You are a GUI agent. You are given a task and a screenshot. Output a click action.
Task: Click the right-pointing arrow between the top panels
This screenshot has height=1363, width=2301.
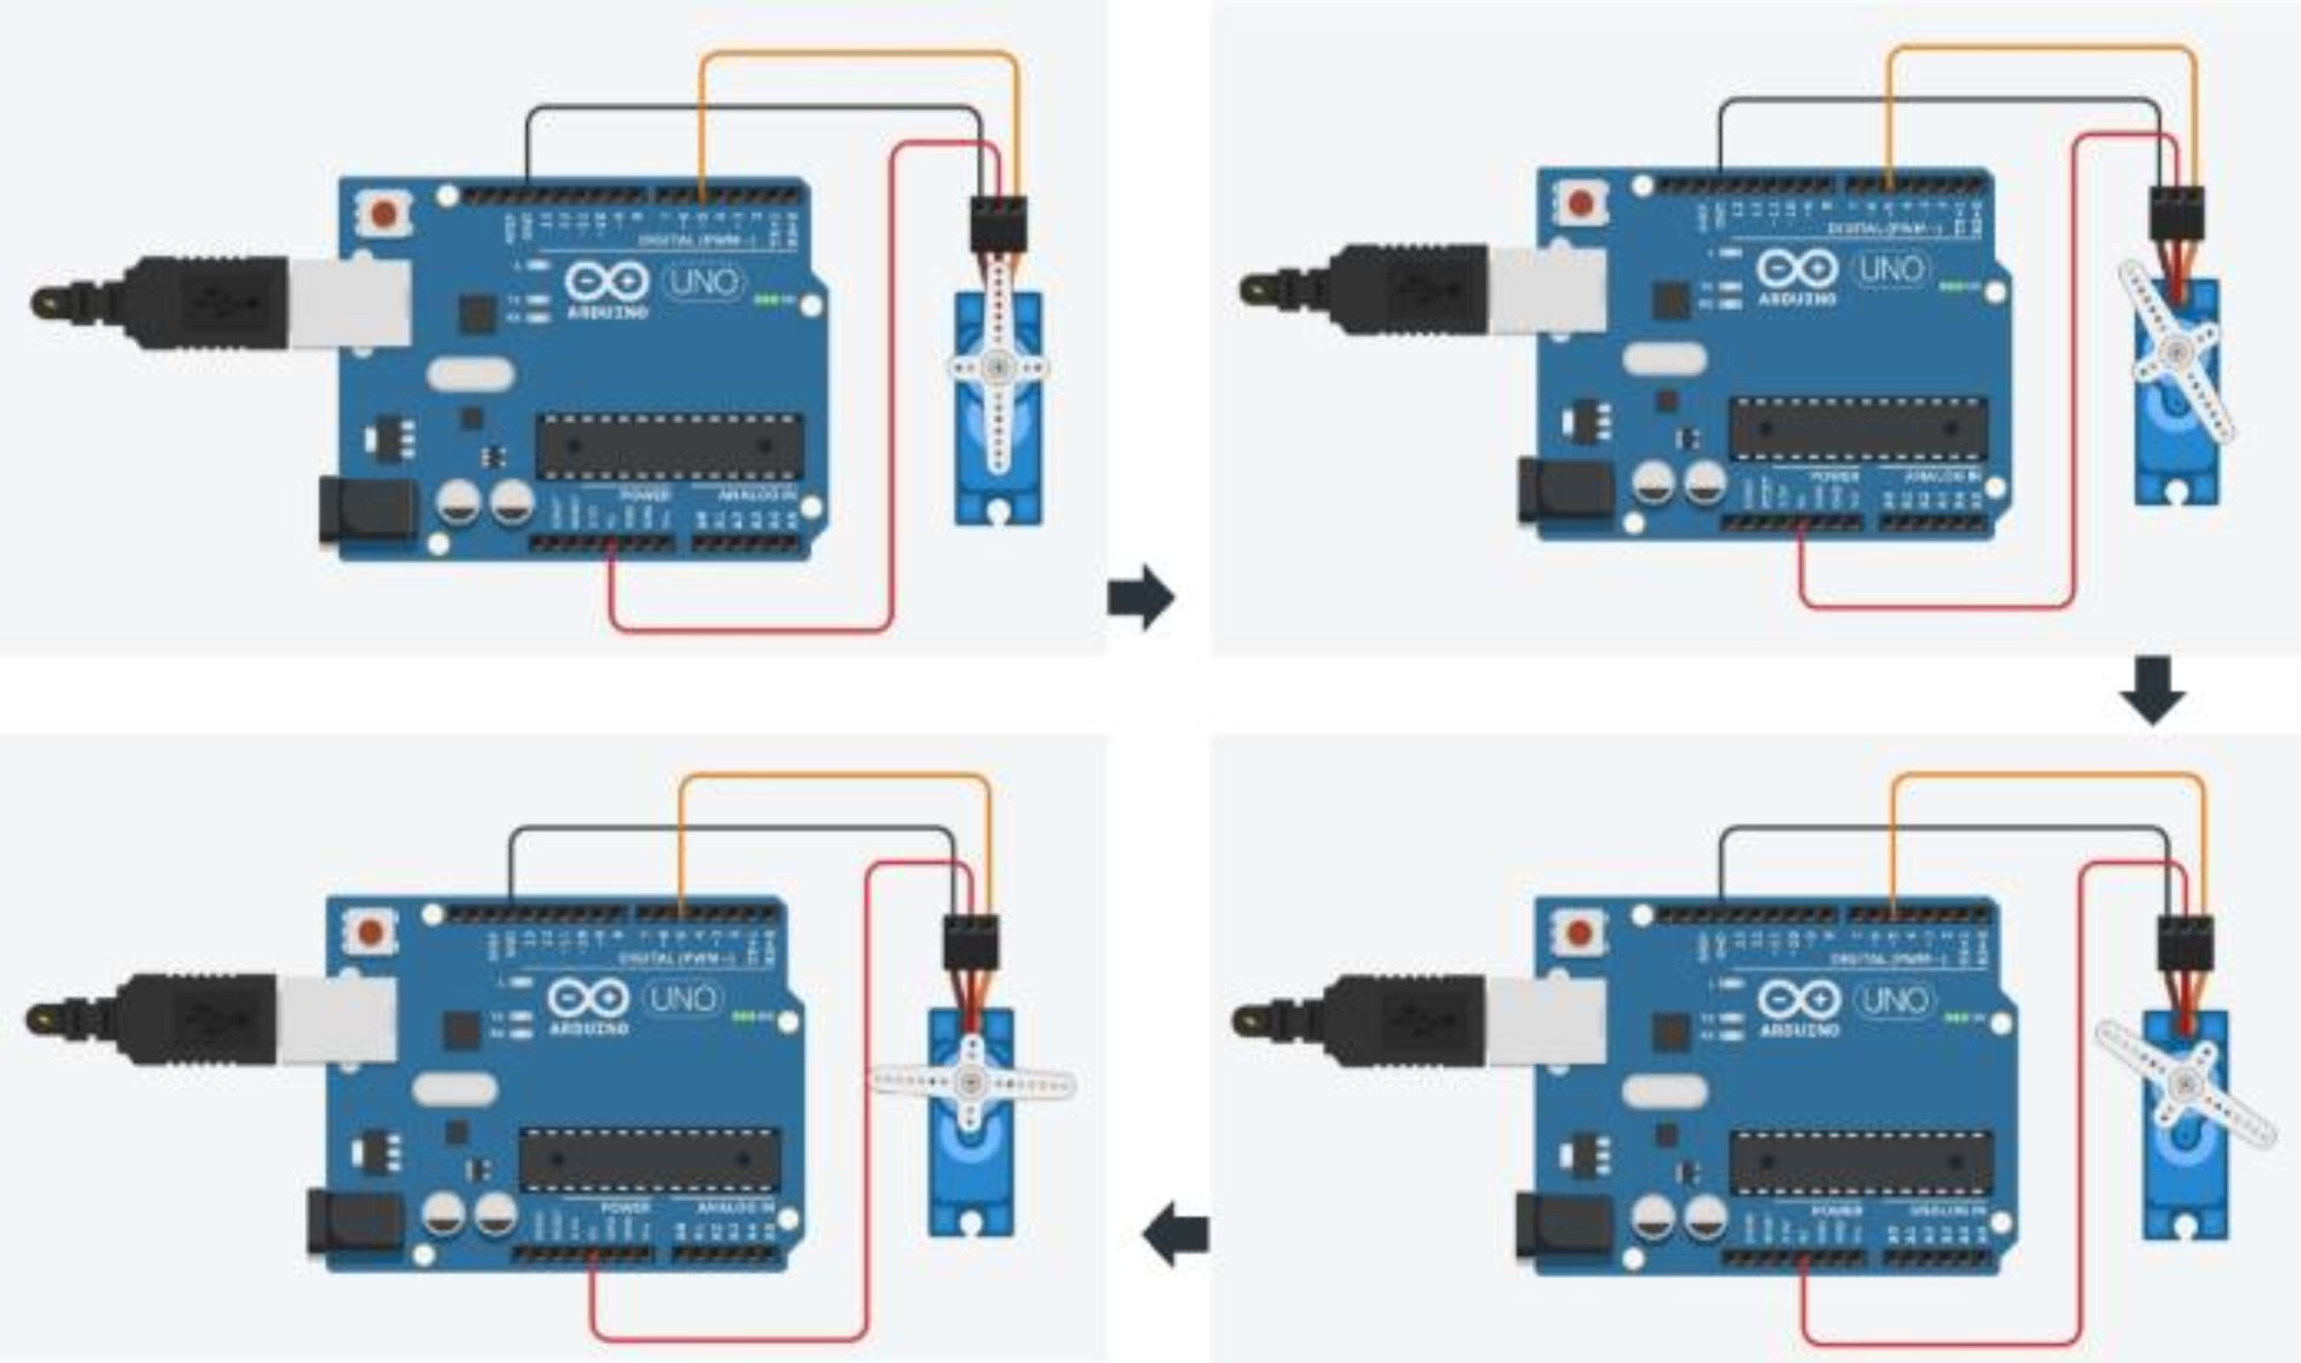(x=1141, y=597)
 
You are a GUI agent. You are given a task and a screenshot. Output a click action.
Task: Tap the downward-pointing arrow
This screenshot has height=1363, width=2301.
(x=2152, y=689)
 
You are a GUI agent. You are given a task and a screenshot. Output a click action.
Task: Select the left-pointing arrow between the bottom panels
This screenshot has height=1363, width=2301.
(x=1176, y=1234)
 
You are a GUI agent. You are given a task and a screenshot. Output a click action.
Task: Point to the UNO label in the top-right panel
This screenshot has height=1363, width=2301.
(x=1891, y=268)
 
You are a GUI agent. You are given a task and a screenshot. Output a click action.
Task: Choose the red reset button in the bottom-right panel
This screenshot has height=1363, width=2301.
(x=1579, y=934)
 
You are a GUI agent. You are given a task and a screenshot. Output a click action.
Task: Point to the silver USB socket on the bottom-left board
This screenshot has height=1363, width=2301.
(x=336, y=1020)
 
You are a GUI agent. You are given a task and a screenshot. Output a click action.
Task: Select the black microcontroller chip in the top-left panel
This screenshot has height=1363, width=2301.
(x=669, y=446)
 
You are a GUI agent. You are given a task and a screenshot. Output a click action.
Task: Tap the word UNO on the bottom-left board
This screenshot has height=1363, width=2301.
(x=681, y=998)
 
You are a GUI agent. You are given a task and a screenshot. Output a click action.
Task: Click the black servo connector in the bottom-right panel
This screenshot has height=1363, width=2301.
(x=2185, y=944)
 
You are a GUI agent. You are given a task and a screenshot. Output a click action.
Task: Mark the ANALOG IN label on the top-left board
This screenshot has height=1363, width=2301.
(x=757, y=495)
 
